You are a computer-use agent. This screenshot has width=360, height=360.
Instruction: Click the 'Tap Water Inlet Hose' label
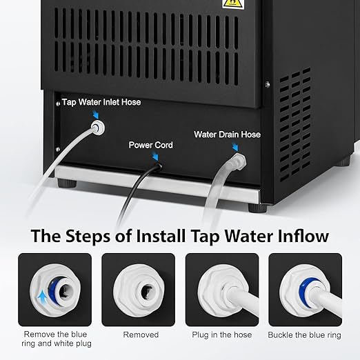tap(101, 102)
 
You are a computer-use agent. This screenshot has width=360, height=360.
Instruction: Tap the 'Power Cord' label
tap(150, 146)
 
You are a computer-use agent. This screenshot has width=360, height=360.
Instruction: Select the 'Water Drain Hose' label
tap(227, 134)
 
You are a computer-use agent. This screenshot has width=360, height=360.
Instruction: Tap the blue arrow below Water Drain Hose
tap(235, 147)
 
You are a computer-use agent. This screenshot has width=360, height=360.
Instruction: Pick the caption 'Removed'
tap(141, 334)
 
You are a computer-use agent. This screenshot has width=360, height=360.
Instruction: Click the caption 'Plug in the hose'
tap(221, 334)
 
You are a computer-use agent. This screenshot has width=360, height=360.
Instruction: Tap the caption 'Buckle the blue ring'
tap(304, 334)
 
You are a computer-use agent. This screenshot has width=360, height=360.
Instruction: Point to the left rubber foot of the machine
tap(67, 184)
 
